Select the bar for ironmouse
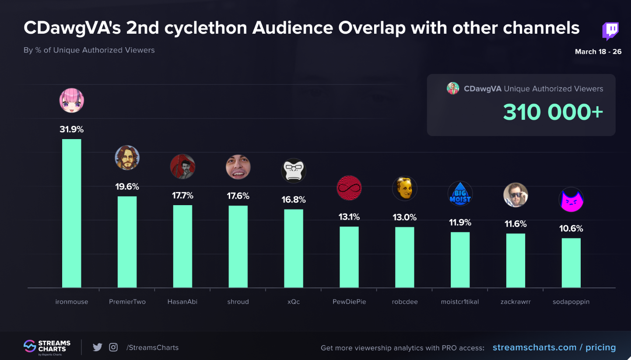(x=72, y=213)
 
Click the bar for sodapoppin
(x=571, y=262)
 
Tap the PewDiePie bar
(x=349, y=257)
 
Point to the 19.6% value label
(x=127, y=187)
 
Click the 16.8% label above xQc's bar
(x=294, y=200)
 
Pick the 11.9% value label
(x=460, y=223)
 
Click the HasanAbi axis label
(x=182, y=301)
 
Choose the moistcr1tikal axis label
(x=460, y=301)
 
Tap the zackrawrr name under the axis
(x=515, y=301)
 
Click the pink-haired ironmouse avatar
(x=72, y=101)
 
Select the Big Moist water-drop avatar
(x=460, y=194)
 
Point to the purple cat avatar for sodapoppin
(x=571, y=201)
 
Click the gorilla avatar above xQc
(x=294, y=171)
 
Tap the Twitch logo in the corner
(x=610, y=31)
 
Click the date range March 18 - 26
(x=598, y=52)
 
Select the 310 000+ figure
(x=553, y=112)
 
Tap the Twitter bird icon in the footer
(x=98, y=347)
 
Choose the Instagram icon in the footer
(x=113, y=347)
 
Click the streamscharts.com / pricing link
(x=554, y=347)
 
